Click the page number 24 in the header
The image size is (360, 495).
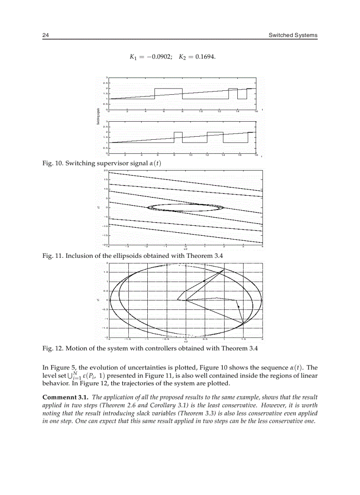coord(45,35)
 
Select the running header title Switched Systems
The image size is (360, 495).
coord(293,35)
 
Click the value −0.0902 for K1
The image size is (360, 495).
coord(158,57)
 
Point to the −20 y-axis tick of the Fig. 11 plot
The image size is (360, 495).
coord(105,245)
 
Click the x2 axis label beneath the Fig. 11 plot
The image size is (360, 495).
coord(186,249)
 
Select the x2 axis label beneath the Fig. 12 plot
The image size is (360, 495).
coord(186,342)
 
